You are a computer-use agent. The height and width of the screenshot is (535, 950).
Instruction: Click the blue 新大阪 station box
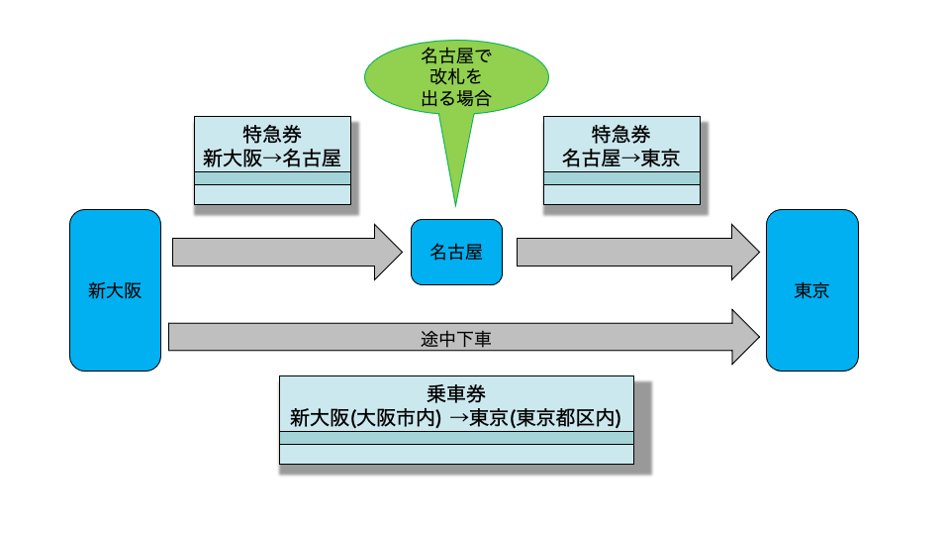pyautogui.click(x=115, y=290)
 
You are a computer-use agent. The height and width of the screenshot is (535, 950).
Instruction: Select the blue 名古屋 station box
pyautogui.click(x=456, y=253)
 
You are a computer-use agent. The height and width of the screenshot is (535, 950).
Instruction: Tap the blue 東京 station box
pyautogui.click(x=811, y=290)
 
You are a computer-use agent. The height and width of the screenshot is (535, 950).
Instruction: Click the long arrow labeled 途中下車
pyautogui.click(x=297, y=338)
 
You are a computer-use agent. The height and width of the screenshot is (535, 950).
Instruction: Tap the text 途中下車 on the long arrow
pyautogui.click(x=456, y=339)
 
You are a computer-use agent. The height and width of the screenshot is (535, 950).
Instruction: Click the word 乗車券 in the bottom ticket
pyautogui.click(x=456, y=394)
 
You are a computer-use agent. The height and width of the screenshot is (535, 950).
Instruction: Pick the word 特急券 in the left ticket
pyautogui.click(x=272, y=135)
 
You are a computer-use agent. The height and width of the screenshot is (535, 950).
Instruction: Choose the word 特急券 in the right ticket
pyautogui.click(x=621, y=135)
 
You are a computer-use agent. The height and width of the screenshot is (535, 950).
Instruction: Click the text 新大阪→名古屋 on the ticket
pyautogui.click(x=272, y=159)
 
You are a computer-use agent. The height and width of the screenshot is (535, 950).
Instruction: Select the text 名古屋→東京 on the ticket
pyautogui.click(x=621, y=159)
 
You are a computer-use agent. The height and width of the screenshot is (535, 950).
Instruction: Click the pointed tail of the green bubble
pyautogui.click(x=456, y=178)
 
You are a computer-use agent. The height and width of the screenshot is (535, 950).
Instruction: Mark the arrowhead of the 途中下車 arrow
pyautogui.click(x=744, y=338)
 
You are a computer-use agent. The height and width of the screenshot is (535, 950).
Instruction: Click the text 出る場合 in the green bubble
pyautogui.click(x=456, y=99)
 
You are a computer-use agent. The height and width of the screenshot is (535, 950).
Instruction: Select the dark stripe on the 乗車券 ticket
pyautogui.click(x=456, y=438)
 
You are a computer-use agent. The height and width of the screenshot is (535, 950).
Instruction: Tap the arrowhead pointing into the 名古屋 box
pyautogui.click(x=389, y=253)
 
